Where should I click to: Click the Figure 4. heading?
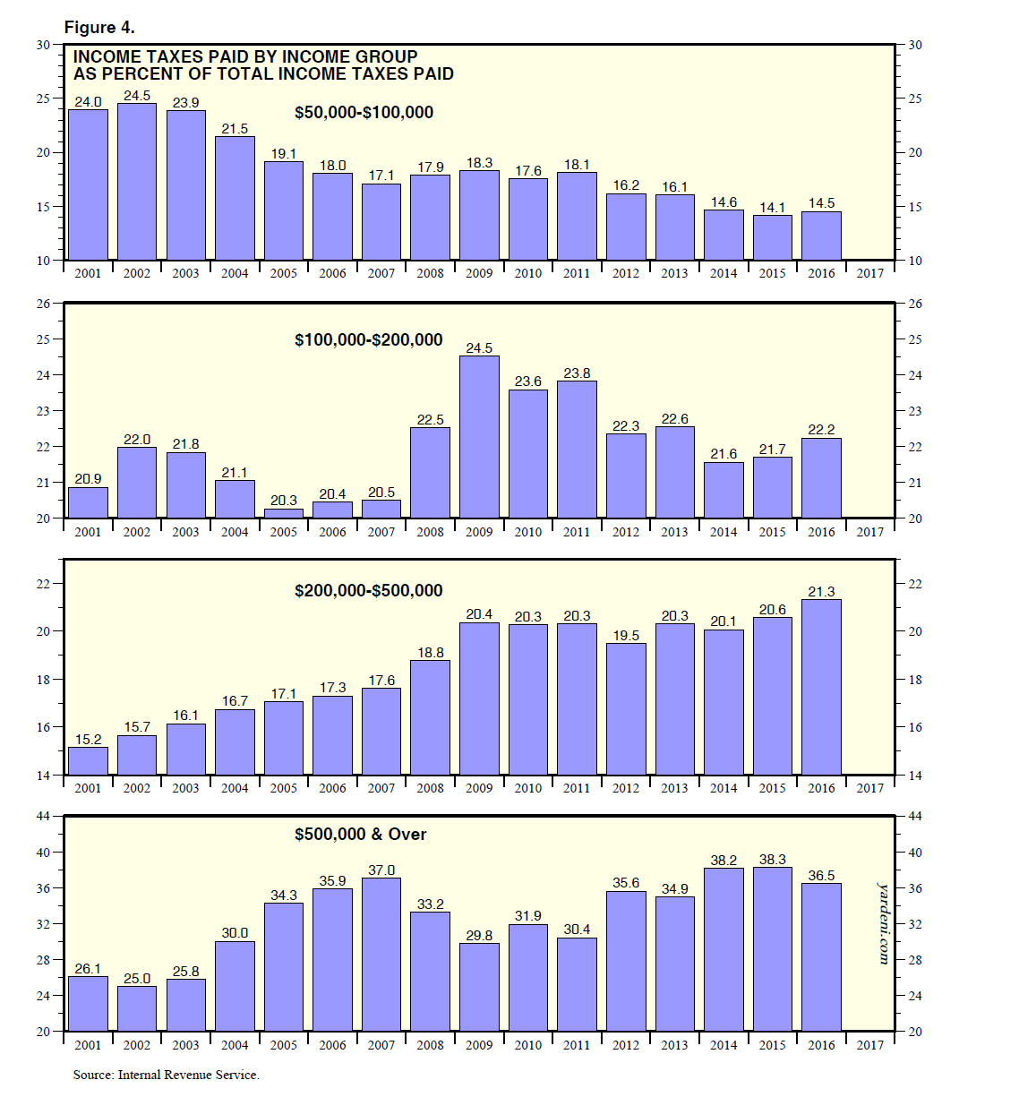(99, 28)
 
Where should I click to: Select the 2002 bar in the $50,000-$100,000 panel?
(137, 182)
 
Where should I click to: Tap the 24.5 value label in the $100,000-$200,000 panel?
(479, 348)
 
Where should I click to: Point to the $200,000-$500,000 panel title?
(368, 591)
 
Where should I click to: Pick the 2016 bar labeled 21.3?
(821, 687)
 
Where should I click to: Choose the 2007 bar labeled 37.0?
(381, 955)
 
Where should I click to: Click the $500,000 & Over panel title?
(360, 835)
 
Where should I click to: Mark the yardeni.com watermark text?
(885, 923)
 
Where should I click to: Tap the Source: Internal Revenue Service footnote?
(167, 1075)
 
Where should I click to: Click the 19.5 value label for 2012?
(626, 636)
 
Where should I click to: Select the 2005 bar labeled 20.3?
(284, 514)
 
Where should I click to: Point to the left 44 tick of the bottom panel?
(43, 816)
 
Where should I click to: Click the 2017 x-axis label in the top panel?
(870, 273)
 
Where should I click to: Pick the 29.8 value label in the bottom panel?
(479, 936)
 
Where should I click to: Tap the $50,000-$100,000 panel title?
(364, 113)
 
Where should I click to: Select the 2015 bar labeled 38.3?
(773, 949)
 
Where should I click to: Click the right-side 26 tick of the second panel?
(915, 304)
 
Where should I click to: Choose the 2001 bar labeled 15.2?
(88, 761)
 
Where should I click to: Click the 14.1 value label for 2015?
(773, 208)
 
